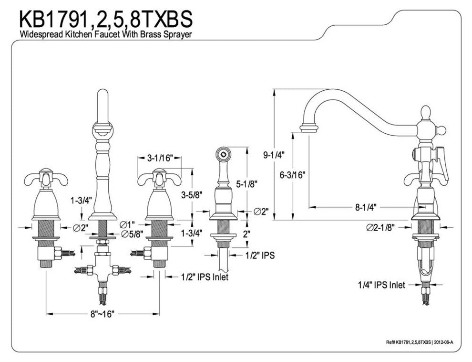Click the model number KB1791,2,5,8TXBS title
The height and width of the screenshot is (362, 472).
(105, 19)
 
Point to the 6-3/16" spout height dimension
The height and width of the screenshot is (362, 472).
(293, 175)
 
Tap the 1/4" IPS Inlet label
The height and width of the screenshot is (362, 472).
(381, 285)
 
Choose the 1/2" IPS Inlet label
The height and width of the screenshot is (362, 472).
(205, 277)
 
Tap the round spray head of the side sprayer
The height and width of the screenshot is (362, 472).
(221, 154)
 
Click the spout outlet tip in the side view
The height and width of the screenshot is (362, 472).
(309, 128)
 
